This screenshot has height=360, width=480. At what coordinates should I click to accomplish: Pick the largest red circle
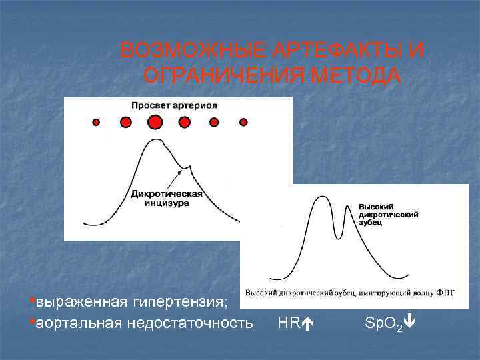[155, 122]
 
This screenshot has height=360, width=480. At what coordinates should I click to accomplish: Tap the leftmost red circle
[96, 123]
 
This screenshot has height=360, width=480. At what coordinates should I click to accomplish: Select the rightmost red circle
[243, 122]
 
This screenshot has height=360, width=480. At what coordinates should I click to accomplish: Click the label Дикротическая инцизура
[167, 199]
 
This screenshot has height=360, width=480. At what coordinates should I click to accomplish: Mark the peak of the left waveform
[155, 139]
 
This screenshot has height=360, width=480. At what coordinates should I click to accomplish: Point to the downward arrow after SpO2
[411, 323]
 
